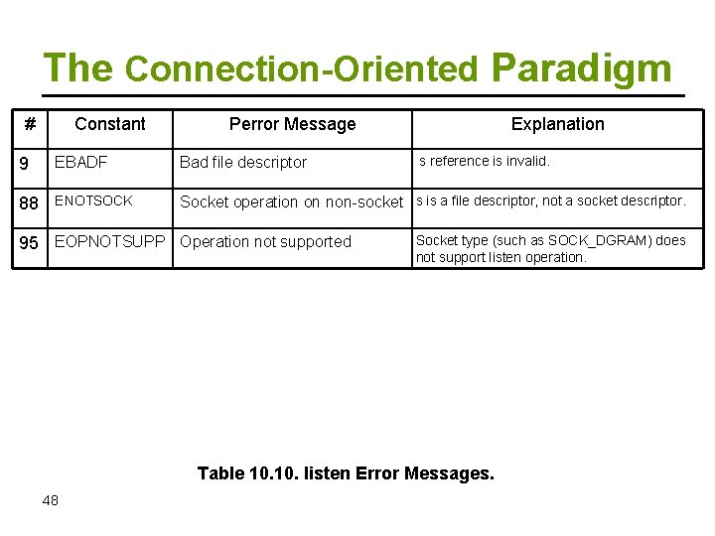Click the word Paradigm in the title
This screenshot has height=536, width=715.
click(581, 68)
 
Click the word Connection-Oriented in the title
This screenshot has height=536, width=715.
click(302, 69)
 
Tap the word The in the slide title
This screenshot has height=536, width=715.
click(78, 68)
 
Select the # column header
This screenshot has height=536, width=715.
click(30, 124)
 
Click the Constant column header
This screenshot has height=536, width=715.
click(109, 124)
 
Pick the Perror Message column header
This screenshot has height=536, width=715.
click(292, 124)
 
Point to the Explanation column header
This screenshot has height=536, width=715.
click(557, 124)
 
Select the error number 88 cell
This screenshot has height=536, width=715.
click(30, 202)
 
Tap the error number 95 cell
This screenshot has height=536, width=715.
click(30, 242)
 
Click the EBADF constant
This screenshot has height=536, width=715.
click(80, 162)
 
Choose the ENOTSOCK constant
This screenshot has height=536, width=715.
click(92, 201)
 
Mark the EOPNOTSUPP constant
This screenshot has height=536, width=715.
click(109, 241)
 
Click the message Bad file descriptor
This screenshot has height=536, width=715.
click(243, 163)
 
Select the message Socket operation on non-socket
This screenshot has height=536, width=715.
click(291, 202)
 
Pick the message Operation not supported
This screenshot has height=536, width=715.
click(265, 242)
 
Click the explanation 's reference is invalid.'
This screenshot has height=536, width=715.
click(484, 161)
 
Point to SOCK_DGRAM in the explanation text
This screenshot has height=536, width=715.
click(595, 240)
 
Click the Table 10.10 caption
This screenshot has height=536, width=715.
click(346, 473)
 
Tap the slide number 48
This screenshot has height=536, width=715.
click(51, 500)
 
